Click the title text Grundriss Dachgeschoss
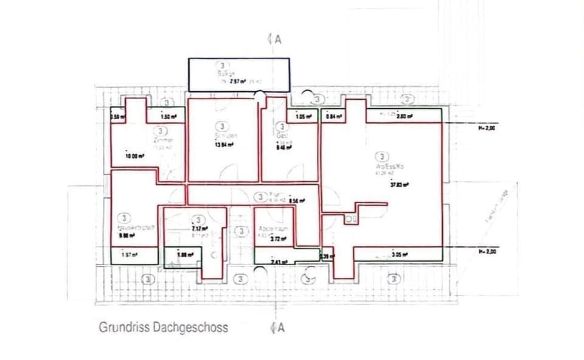164,327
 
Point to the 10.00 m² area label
134,156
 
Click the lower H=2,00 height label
488,252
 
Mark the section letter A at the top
279,40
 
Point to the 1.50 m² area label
169,117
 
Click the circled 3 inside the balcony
224,65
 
